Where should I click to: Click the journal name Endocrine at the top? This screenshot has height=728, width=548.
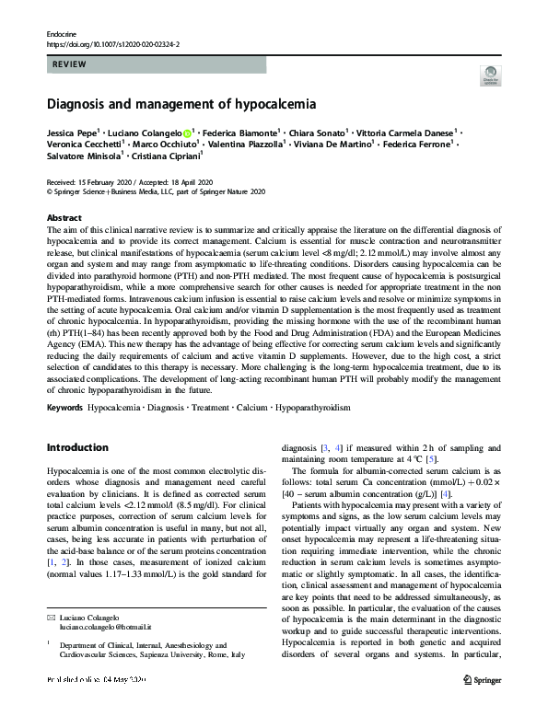point(61,33)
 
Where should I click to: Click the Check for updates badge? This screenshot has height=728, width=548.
point(493,77)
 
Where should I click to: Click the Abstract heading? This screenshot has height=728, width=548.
point(64,217)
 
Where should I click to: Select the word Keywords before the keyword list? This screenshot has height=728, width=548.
point(65,405)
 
